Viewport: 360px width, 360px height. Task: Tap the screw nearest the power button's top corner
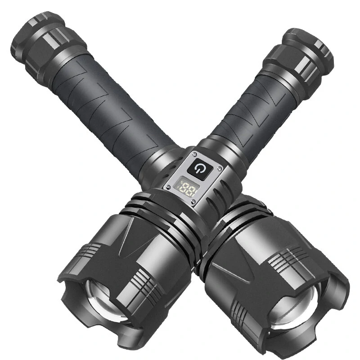(x=195, y=154)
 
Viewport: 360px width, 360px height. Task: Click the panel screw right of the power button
(x=220, y=168)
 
